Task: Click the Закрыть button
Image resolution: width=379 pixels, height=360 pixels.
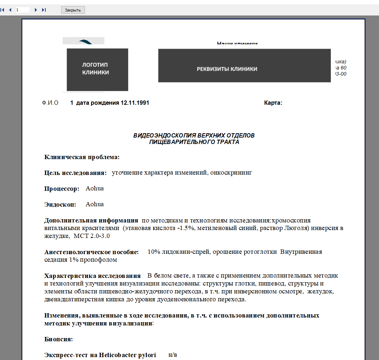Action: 73,10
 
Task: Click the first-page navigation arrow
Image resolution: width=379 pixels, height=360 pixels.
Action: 3,10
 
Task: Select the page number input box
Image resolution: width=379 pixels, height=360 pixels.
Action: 22,10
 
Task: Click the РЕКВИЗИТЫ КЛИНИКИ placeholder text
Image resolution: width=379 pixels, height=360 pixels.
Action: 227,69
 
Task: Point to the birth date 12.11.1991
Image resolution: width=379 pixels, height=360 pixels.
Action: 135,103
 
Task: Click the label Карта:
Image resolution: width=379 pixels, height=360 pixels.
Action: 273,103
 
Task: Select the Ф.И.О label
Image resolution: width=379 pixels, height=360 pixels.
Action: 50,103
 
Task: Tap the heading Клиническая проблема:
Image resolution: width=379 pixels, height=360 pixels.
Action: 82,157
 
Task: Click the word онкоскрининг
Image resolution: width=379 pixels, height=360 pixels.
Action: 232,173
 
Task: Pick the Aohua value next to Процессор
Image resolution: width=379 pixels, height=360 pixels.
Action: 95,189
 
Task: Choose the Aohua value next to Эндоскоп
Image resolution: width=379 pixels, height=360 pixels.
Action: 95,204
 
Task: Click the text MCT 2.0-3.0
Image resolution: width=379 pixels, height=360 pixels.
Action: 92,236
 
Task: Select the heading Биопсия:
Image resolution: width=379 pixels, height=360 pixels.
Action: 59,339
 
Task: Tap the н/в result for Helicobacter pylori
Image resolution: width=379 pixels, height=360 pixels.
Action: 173,355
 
